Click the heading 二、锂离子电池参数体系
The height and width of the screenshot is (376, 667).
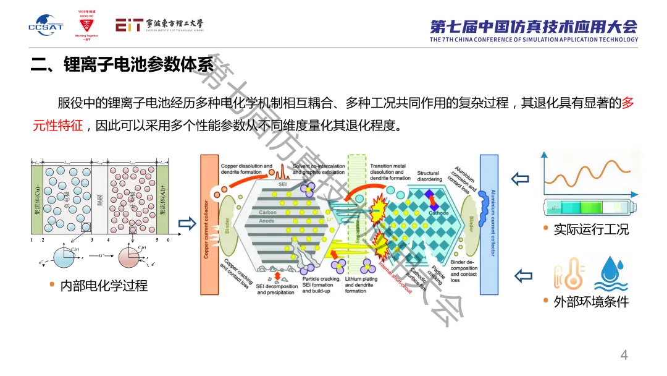[122, 64]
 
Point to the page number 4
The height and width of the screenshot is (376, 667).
[624, 355]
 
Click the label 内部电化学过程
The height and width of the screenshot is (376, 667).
[104, 286]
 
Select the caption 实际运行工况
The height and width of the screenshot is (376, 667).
[590, 229]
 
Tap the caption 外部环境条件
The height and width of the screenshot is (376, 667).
[591, 302]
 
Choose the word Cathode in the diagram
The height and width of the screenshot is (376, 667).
[440, 212]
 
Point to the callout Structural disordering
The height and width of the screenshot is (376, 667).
[428, 176]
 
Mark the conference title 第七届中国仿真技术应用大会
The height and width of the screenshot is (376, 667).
[534, 27]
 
